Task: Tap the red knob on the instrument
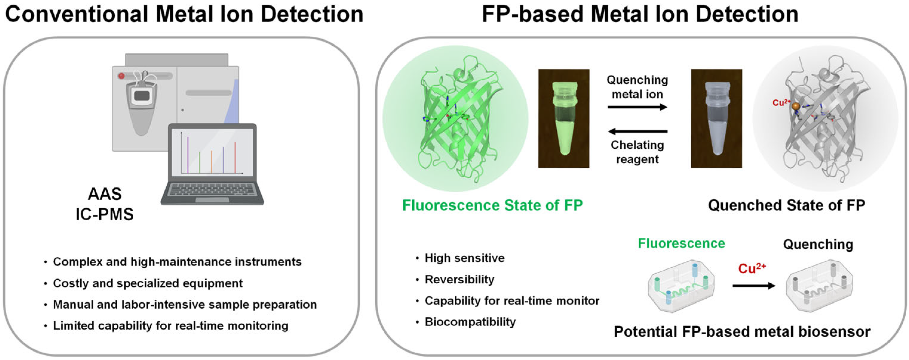coord(121,76)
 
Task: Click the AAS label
coord(105,194)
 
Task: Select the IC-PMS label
coord(105,214)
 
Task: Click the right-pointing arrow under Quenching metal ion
coord(637,107)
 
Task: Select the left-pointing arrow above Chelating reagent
coord(637,132)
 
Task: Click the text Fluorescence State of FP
coord(492,205)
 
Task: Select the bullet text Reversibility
coord(459,279)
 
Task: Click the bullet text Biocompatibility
coord(470,322)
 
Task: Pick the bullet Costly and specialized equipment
coord(147,283)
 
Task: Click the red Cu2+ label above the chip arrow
coord(751,269)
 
